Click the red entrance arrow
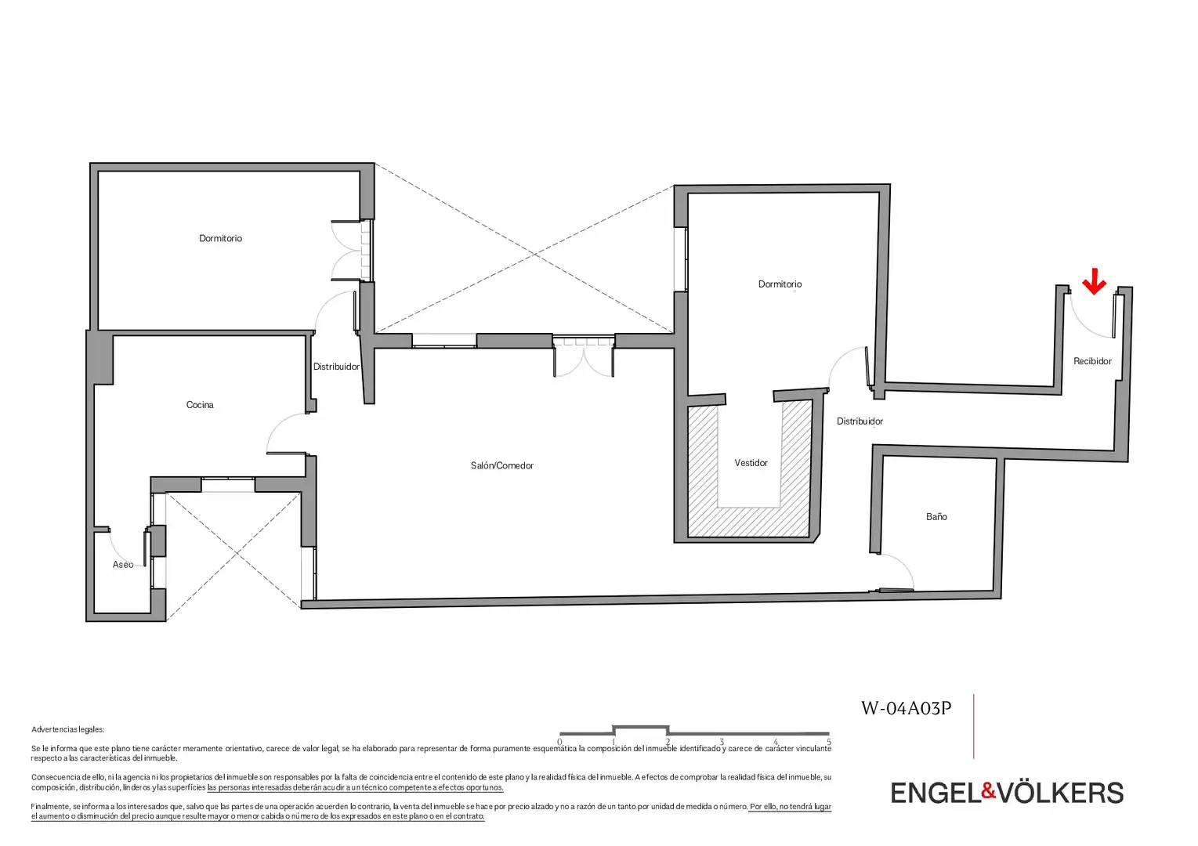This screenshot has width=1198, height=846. click(x=1095, y=282)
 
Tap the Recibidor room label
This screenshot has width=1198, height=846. click(x=1093, y=361)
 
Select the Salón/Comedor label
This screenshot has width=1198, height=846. click(x=502, y=466)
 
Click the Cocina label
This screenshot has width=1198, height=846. click(x=200, y=405)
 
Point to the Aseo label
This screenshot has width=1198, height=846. click(x=123, y=565)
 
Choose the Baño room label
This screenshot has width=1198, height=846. click(x=936, y=516)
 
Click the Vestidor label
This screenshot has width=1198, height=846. click(x=751, y=463)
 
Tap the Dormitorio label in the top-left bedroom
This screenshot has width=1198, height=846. click(x=220, y=238)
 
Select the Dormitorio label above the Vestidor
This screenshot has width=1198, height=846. click(x=780, y=284)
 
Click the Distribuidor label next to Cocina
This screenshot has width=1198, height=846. click(x=336, y=367)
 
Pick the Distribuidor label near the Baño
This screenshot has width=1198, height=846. click(x=860, y=421)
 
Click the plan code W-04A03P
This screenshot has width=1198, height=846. click(x=907, y=709)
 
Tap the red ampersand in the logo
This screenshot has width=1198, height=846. click(x=989, y=791)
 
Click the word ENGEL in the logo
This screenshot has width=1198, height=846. click(x=936, y=793)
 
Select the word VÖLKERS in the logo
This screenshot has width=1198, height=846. click(x=1061, y=792)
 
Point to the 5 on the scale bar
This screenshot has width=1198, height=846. click(x=829, y=743)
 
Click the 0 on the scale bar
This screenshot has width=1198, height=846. click(x=560, y=743)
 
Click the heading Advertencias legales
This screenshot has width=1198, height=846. click(x=68, y=729)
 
